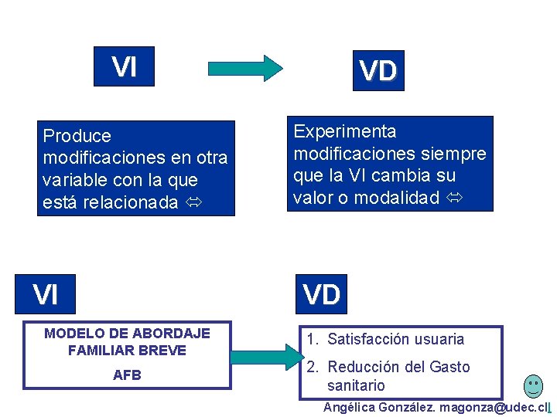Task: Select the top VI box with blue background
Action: click(124, 67)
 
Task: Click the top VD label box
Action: click(378, 71)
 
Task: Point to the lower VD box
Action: click(321, 295)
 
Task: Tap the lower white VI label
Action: click(45, 295)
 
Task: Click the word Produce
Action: click(77, 137)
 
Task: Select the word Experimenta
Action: click(344, 131)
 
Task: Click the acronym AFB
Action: click(127, 375)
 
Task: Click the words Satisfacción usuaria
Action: click(395, 339)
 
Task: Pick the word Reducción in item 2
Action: click(363, 367)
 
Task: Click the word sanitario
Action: click(356, 385)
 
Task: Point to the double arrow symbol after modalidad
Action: click(453, 198)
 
